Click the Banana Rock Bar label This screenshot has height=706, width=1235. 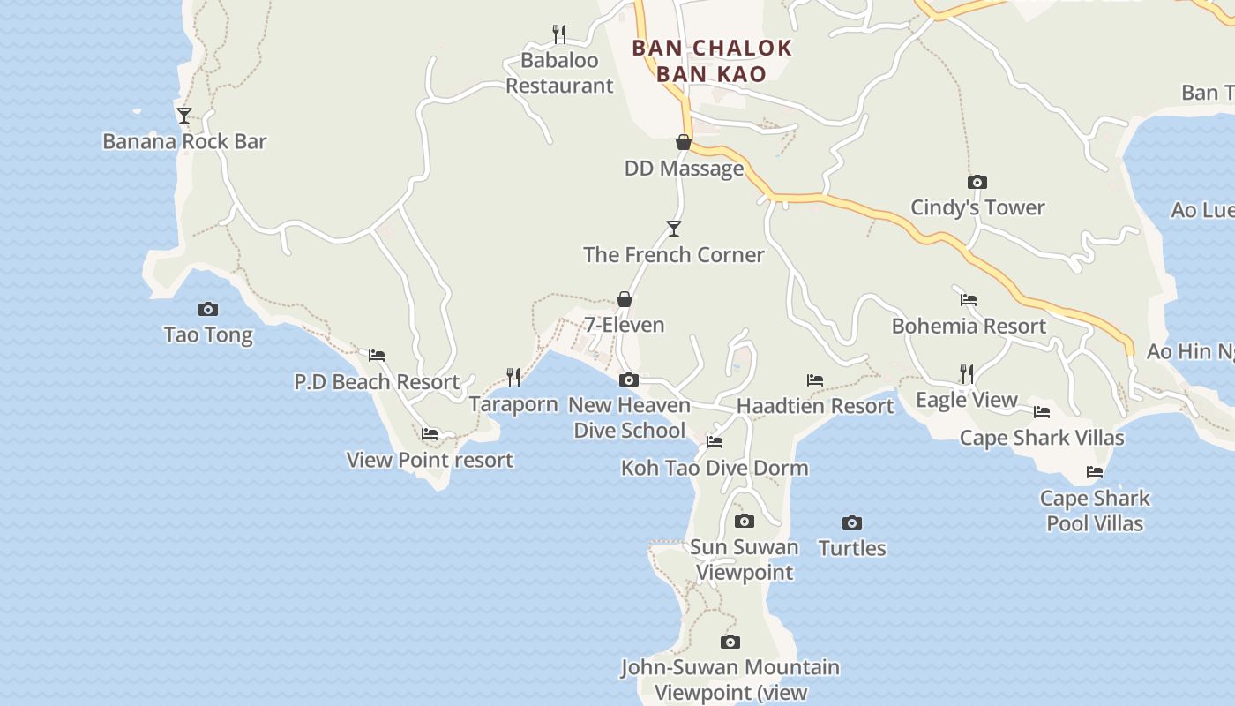click(x=184, y=141)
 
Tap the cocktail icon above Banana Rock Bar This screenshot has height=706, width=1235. click(x=183, y=115)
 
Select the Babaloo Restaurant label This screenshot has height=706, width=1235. click(x=558, y=73)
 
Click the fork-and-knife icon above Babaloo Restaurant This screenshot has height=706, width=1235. click(x=559, y=34)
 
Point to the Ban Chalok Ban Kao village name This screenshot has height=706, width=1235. click(x=712, y=61)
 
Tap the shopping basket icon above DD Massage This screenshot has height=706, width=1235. click(x=684, y=142)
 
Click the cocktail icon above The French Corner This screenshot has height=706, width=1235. click(x=674, y=229)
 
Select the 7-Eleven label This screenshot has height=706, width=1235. click(x=625, y=325)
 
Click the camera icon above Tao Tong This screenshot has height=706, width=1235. click(x=208, y=309)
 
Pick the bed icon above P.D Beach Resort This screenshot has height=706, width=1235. click(x=377, y=356)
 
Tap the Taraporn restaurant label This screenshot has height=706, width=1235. click(x=513, y=404)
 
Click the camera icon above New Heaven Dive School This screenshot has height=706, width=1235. click(x=629, y=379)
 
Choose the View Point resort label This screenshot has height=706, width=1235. click(x=430, y=460)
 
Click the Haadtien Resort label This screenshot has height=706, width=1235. click(x=815, y=406)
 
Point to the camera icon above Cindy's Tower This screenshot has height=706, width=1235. click(x=977, y=182)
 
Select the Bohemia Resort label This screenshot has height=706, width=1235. click(x=969, y=326)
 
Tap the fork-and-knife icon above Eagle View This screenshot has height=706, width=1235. click(x=967, y=374)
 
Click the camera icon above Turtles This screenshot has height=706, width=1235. click(x=852, y=522)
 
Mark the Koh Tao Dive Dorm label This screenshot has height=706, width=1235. click(x=715, y=468)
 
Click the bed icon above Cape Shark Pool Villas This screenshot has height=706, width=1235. click(x=1095, y=472)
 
